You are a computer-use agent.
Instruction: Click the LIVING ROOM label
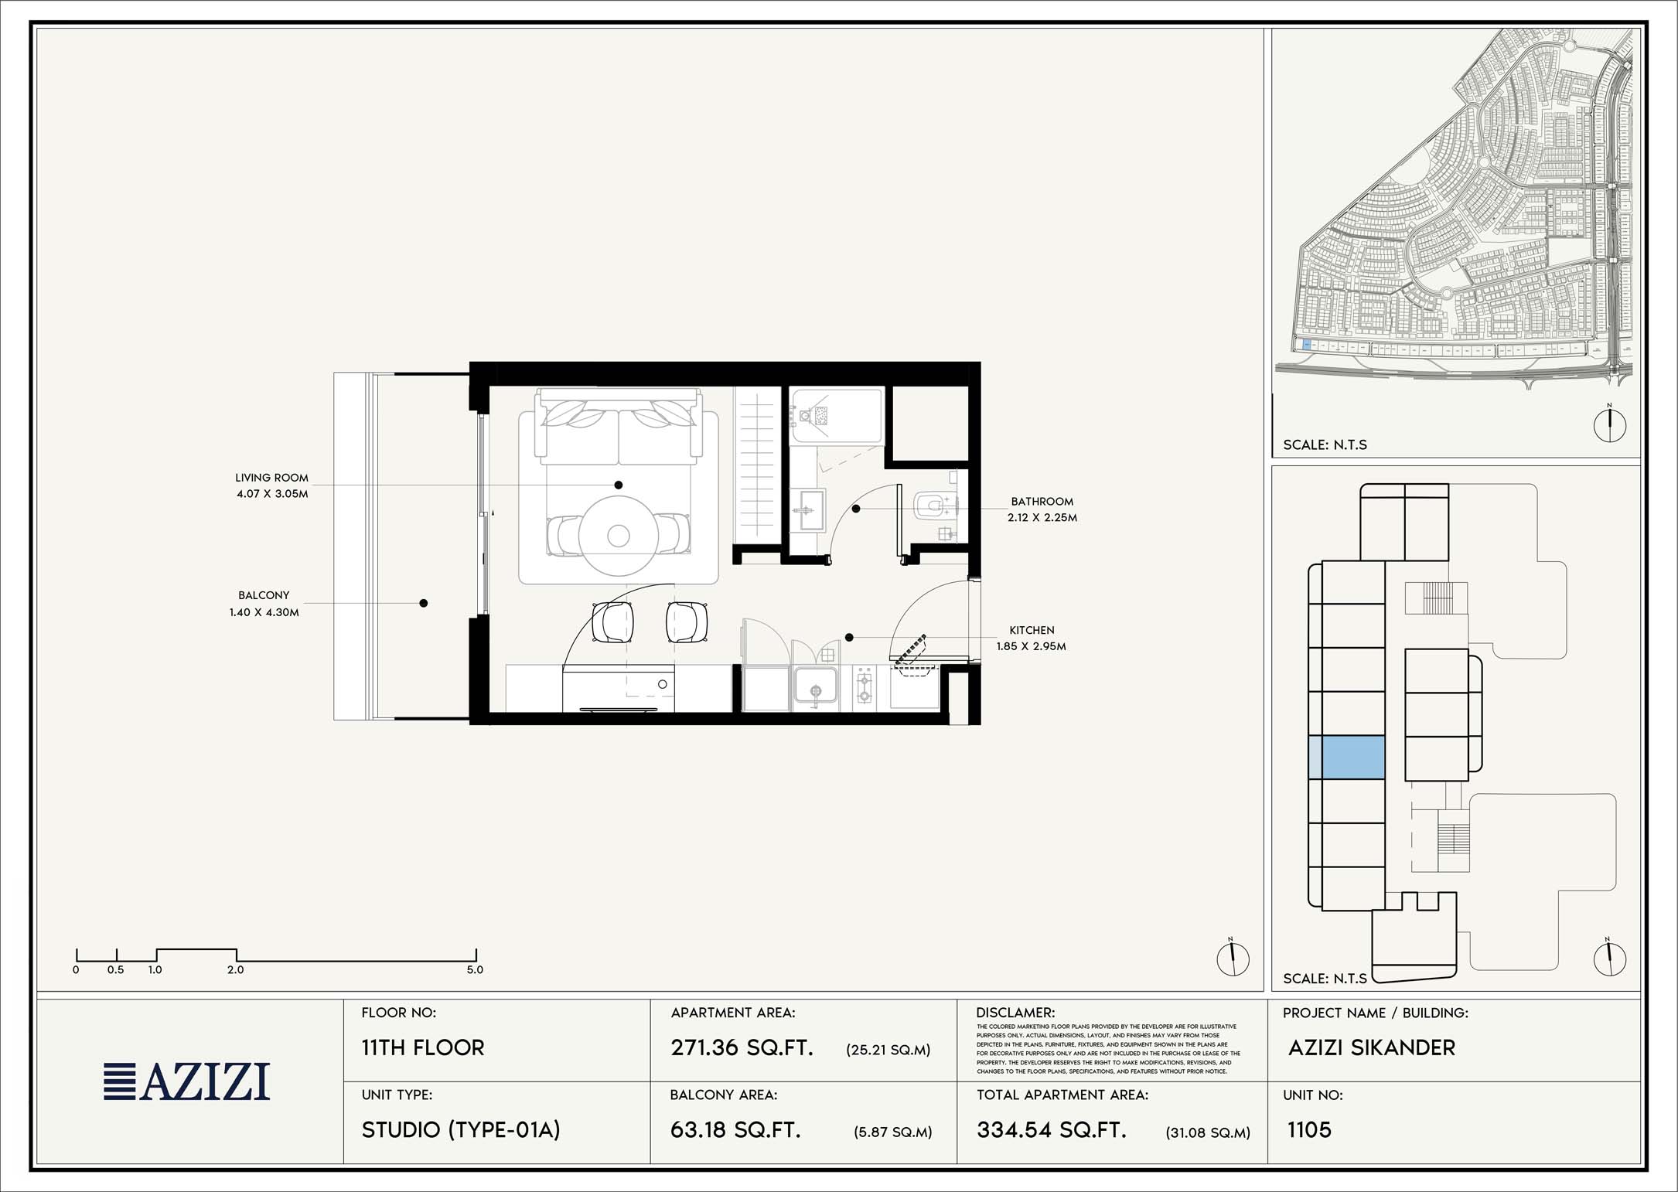pos(271,478)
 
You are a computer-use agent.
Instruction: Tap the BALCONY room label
pos(264,595)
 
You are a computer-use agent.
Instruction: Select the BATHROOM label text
pos(1042,502)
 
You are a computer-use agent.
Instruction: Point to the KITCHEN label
pos(1032,630)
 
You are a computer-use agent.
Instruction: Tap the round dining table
pos(618,535)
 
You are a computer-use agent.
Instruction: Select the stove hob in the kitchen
pos(865,687)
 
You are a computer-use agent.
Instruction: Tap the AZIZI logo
pos(187,1081)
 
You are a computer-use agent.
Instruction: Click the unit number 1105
pos(1309,1130)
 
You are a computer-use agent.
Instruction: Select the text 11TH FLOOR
pos(423,1047)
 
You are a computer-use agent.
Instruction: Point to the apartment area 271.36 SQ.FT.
pos(742,1047)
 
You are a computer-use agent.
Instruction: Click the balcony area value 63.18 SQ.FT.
pos(735,1130)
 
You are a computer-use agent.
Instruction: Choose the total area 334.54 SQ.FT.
pos(1052,1130)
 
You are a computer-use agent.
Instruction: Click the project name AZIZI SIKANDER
pos(1372,1047)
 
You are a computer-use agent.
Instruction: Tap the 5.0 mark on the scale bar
pos(475,969)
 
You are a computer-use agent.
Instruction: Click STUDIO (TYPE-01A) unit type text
pos(461,1130)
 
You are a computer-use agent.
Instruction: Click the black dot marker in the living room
pos(619,485)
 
